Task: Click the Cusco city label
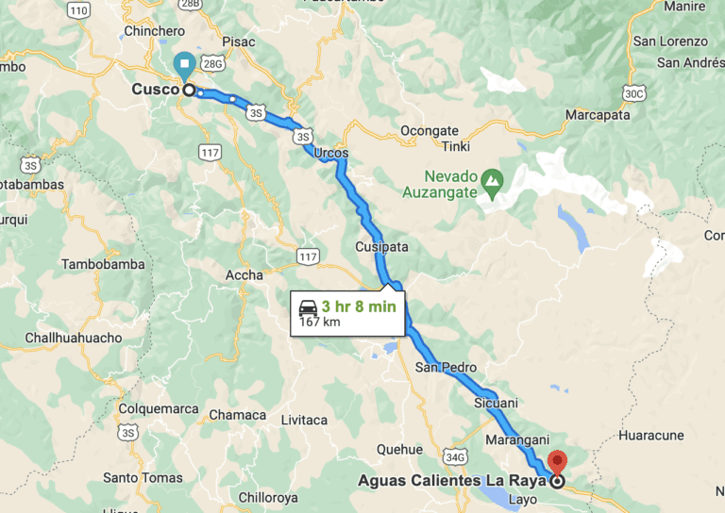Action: coord(156,89)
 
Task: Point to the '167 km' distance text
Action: coord(319,323)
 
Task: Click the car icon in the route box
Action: coord(308,307)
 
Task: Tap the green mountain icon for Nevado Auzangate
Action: coord(491,177)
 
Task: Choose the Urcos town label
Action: coord(331,153)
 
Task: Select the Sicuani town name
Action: coord(496,403)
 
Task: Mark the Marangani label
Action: coord(516,440)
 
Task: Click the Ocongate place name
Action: coord(430,130)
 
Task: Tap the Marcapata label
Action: coord(597,115)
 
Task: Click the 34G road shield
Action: coord(456,457)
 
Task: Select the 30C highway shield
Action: coord(633,92)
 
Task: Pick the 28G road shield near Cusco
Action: coord(213,64)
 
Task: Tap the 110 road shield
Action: coord(79,10)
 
